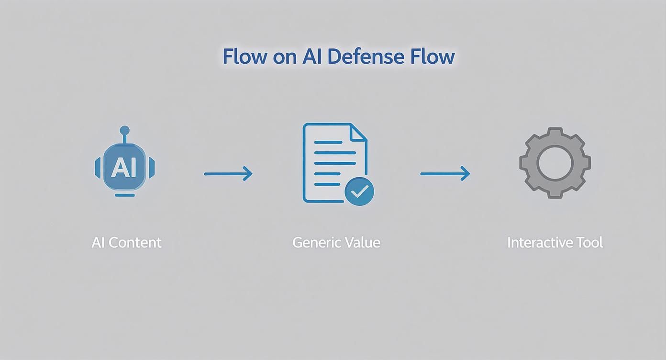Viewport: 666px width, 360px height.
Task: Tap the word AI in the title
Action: click(313, 56)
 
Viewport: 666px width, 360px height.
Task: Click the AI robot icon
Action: click(124, 165)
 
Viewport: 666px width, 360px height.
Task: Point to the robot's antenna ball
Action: click(124, 130)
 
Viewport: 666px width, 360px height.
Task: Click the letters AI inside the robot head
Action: click(124, 168)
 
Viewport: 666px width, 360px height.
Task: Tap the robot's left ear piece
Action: click(98, 168)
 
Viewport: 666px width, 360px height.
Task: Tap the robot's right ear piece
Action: click(152, 168)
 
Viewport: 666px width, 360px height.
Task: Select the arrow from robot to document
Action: click(228, 173)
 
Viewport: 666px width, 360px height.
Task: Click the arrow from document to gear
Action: click(445, 173)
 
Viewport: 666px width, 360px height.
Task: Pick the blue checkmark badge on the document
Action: click(359, 191)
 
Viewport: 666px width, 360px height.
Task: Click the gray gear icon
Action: click(555, 163)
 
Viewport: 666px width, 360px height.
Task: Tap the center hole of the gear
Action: click(555, 163)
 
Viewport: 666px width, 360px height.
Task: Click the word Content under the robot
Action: click(135, 242)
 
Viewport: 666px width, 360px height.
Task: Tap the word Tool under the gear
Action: click(589, 242)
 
